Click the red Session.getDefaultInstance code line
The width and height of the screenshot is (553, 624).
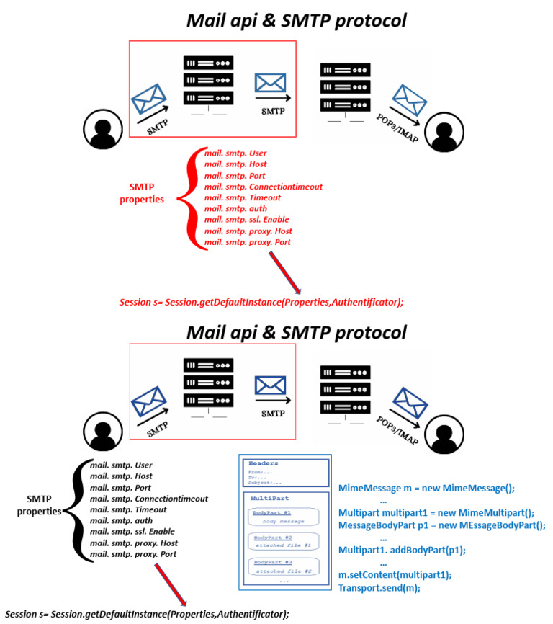(261, 302)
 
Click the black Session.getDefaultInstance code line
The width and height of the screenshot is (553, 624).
(146, 614)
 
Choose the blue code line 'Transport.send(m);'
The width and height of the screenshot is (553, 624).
(379, 587)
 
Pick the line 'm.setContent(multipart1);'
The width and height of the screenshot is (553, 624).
(395, 574)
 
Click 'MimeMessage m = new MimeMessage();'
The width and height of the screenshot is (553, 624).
(426, 488)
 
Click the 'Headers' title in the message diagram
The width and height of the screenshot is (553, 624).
(262, 463)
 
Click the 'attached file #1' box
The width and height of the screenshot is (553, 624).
(284, 545)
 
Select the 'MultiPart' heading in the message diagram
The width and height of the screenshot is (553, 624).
(265, 499)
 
